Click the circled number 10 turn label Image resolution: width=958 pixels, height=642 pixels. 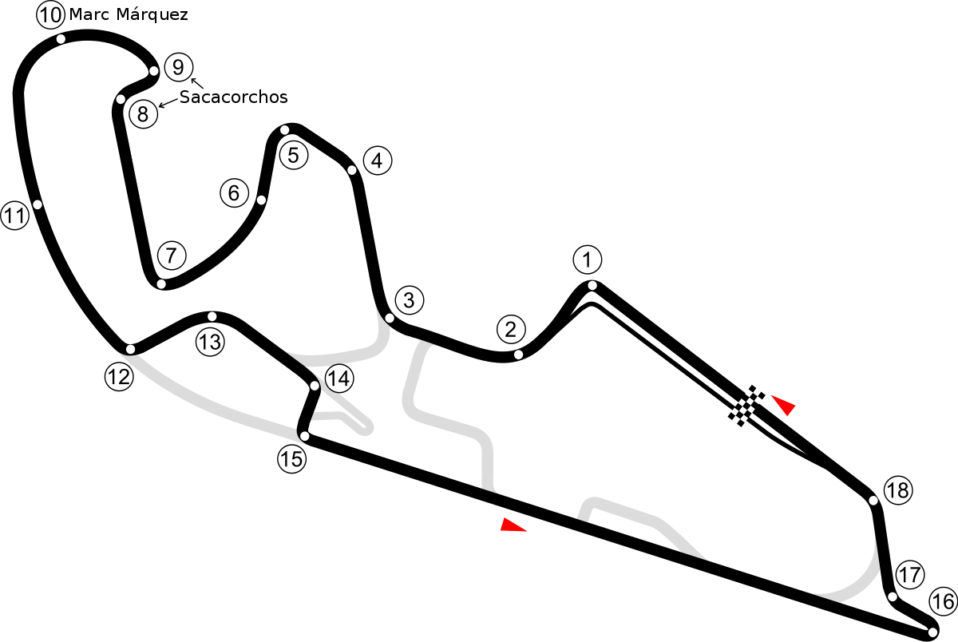coord(50,15)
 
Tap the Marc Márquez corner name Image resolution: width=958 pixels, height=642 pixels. coord(129,15)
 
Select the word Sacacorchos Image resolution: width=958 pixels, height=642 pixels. coord(233,97)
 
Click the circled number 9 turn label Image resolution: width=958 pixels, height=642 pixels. coord(179,67)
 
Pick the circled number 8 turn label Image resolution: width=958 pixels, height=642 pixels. coord(143,114)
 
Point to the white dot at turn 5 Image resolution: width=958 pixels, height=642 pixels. coord(284,130)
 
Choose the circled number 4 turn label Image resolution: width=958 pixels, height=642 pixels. coord(377,160)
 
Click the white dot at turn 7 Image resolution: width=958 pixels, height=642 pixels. coord(161,284)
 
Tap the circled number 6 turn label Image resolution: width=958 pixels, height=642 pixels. coord(235,193)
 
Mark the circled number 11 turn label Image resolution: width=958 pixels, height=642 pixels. coord(15,216)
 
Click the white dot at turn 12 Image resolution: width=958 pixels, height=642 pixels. coord(130,350)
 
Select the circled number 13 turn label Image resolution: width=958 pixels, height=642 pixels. coord(210,343)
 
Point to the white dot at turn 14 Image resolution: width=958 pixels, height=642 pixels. coord(315,386)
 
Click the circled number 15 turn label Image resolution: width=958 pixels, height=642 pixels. coord(292,459)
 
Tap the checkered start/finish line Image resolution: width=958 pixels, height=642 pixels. coord(746,406)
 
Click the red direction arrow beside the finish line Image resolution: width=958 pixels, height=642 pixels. coord(784,405)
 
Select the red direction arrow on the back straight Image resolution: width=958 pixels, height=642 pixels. coord(513,525)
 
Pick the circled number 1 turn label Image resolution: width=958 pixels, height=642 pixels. coord(588,260)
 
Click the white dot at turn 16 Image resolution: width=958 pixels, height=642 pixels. coord(932,632)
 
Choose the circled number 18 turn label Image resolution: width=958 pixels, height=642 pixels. coord(898,490)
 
